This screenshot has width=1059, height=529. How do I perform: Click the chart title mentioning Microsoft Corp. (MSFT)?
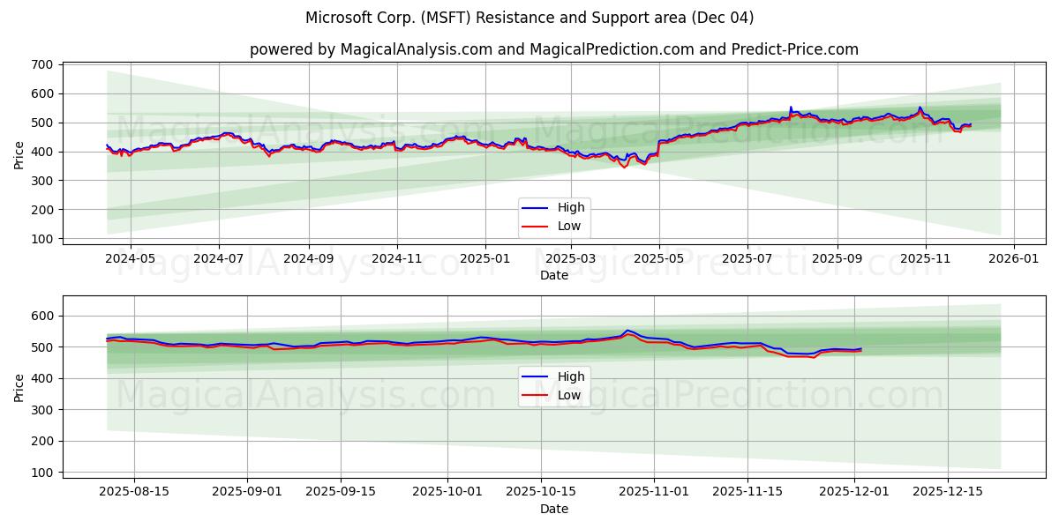click(x=529, y=18)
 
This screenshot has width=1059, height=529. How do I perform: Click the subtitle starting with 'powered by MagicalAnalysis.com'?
click(x=553, y=49)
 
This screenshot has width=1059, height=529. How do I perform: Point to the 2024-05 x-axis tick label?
click(x=130, y=260)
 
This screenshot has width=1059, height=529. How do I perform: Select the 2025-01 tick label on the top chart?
click(x=484, y=260)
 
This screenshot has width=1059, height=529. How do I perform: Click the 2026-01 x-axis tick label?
click(x=1013, y=260)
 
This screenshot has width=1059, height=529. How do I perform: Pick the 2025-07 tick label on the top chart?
click(x=747, y=260)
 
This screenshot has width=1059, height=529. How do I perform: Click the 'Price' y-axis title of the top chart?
click(x=19, y=154)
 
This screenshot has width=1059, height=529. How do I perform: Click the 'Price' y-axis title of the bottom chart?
click(x=19, y=386)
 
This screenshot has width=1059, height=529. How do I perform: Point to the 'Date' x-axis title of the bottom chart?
click(x=553, y=509)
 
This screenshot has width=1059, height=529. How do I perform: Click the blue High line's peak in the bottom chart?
click(x=627, y=331)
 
